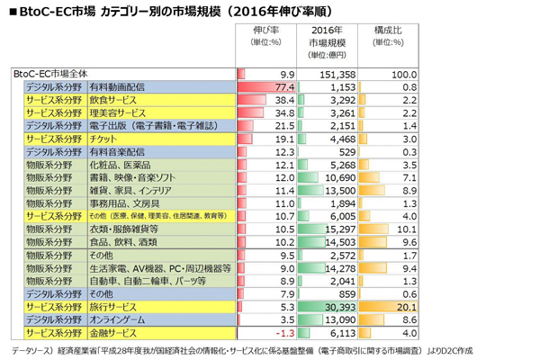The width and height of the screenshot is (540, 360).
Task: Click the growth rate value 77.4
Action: [x=281, y=87]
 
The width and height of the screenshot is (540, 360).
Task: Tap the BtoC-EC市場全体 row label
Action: [x=54, y=74]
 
